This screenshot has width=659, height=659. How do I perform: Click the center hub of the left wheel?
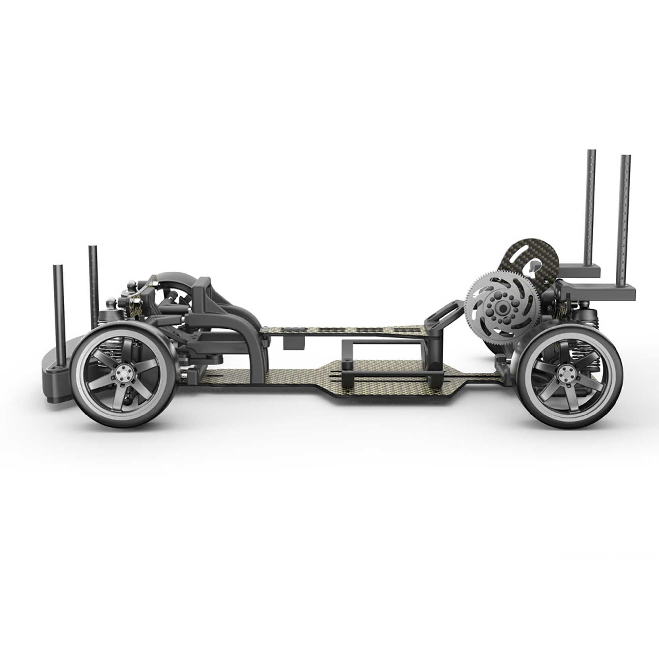(x=123, y=374)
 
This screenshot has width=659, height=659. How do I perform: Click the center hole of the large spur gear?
(x=502, y=309)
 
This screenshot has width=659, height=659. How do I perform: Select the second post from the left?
(x=93, y=287)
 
